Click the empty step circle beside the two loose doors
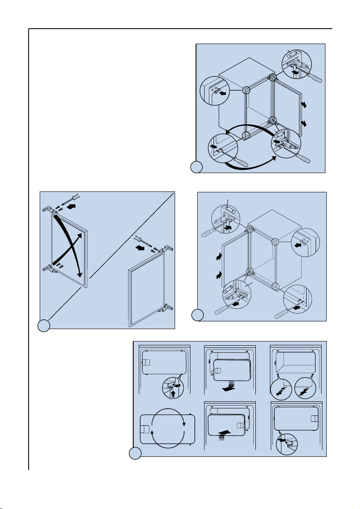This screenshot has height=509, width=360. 44,326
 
